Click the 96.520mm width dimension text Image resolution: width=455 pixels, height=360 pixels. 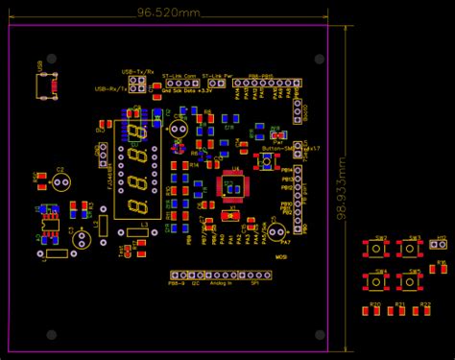click(169, 12)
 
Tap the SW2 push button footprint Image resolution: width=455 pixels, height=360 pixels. click(376, 250)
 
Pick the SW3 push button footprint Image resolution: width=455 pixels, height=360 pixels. click(410, 250)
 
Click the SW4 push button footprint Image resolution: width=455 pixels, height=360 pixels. click(376, 282)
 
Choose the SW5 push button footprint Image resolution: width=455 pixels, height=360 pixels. click(410, 282)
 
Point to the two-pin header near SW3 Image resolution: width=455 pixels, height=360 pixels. click(441, 245)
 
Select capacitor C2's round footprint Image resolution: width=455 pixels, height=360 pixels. click(60, 181)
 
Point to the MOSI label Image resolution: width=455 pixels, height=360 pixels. click(282, 257)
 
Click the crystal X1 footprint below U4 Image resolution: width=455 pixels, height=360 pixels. click(229, 216)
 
